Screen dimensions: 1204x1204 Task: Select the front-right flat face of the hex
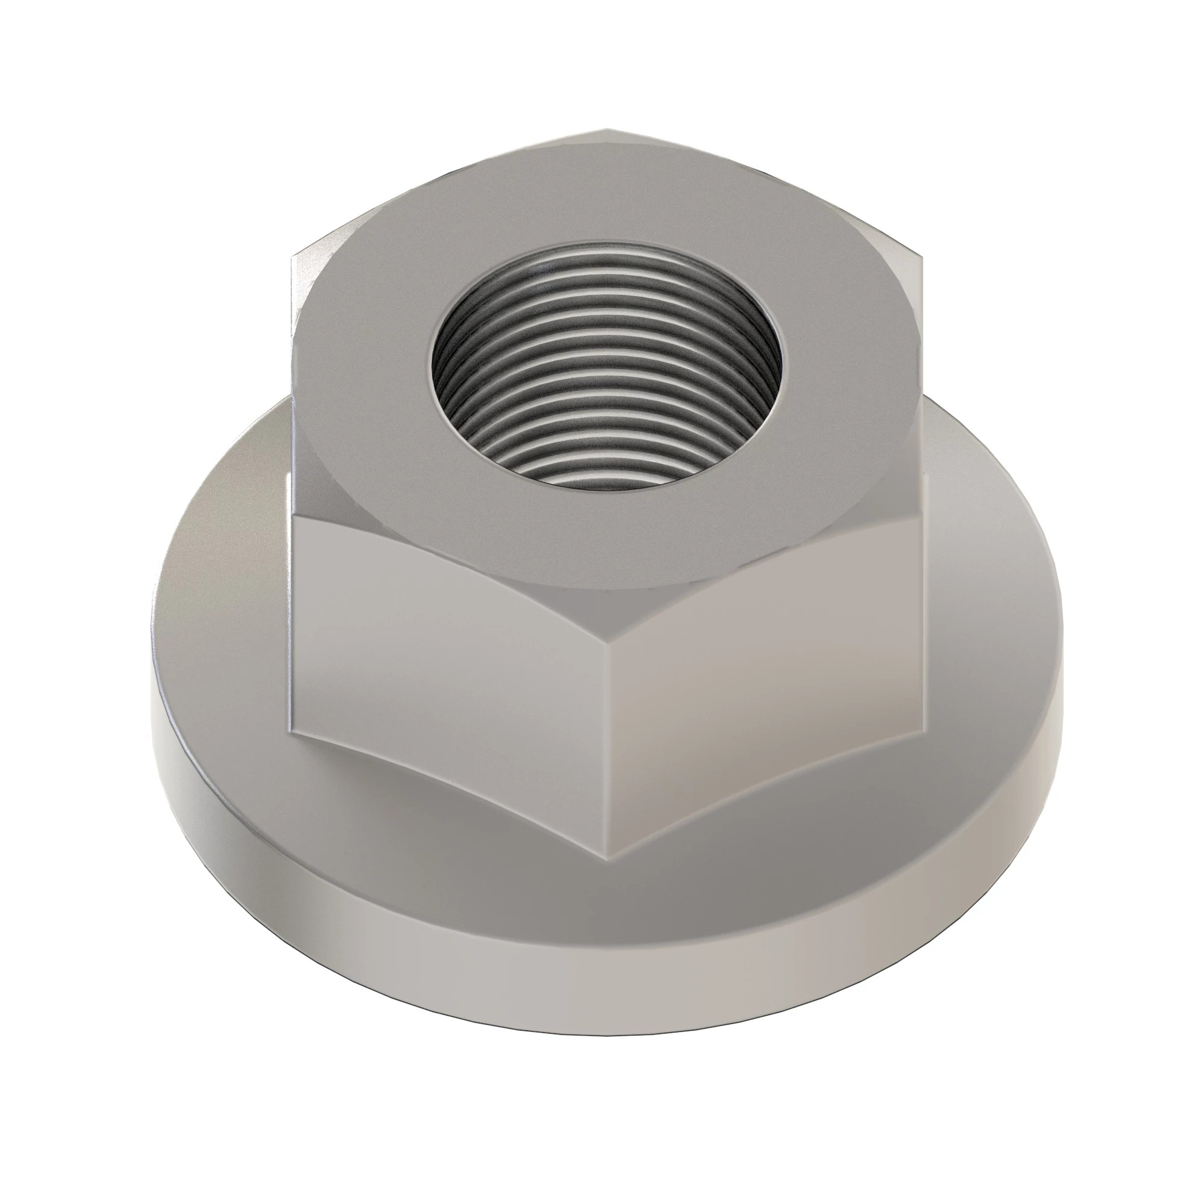coord(766,648)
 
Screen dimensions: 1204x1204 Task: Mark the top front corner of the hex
coord(609,589)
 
